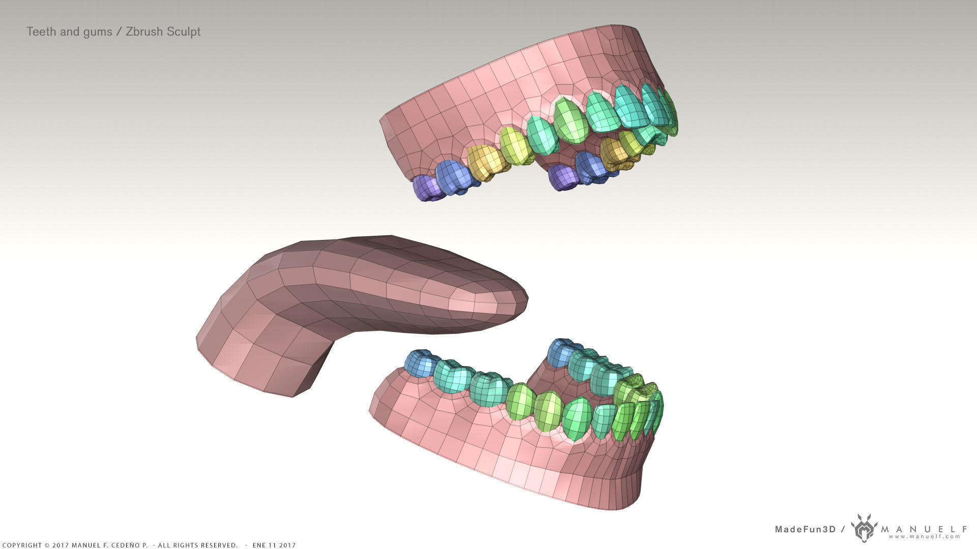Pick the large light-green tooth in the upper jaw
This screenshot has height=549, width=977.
pos(570,121)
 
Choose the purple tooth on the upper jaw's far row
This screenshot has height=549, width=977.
pos(562,177)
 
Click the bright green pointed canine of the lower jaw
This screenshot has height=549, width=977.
pos(577,418)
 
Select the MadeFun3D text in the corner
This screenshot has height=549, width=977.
pos(805,529)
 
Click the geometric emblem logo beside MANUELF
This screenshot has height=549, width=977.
pos(864,527)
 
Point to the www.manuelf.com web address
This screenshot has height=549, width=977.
pos(925,536)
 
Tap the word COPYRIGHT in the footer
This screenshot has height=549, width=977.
pos(21,545)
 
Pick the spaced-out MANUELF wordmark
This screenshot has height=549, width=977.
pos(924,529)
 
